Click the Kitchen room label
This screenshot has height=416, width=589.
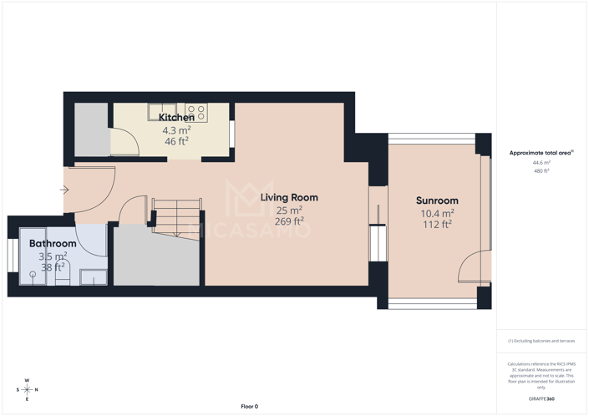pyautogui.click(x=176, y=118)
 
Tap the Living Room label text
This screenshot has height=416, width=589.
pyautogui.click(x=289, y=198)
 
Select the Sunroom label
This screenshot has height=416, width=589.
pyautogui.click(x=437, y=200)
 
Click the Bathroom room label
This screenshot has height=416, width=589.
pyautogui.click(x=53, y=244)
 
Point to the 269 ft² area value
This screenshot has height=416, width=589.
pyautogui.click(x=289, y=221)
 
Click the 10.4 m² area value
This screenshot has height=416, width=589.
pyautogui.click(x=437, y=213)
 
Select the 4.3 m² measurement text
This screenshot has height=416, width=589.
pyautogui.click(x=176, y=130)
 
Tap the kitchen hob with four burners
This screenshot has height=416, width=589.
pyautogui.click(x=196, y=112)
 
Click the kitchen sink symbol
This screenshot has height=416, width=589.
pyautogui.click(x=160, y=111)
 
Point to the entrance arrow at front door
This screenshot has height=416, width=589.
pyautogui.click(x=64, y=190)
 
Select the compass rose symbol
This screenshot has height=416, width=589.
pyautogui.click(x=27, y=389)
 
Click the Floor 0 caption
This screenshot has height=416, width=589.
pyautogui.click(x=249, y=406)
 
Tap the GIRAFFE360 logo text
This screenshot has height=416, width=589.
pyautogui.click(x=541, y=399)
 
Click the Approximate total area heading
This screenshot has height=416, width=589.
pyautogui.click(x=541, y=153)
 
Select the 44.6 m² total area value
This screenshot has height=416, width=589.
pyautogui.click(x=541, y=163)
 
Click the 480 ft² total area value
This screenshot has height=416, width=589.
pyautogui.click(x=541, y=171)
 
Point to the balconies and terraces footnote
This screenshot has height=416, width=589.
pyautogui.click(x=541, y=341)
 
